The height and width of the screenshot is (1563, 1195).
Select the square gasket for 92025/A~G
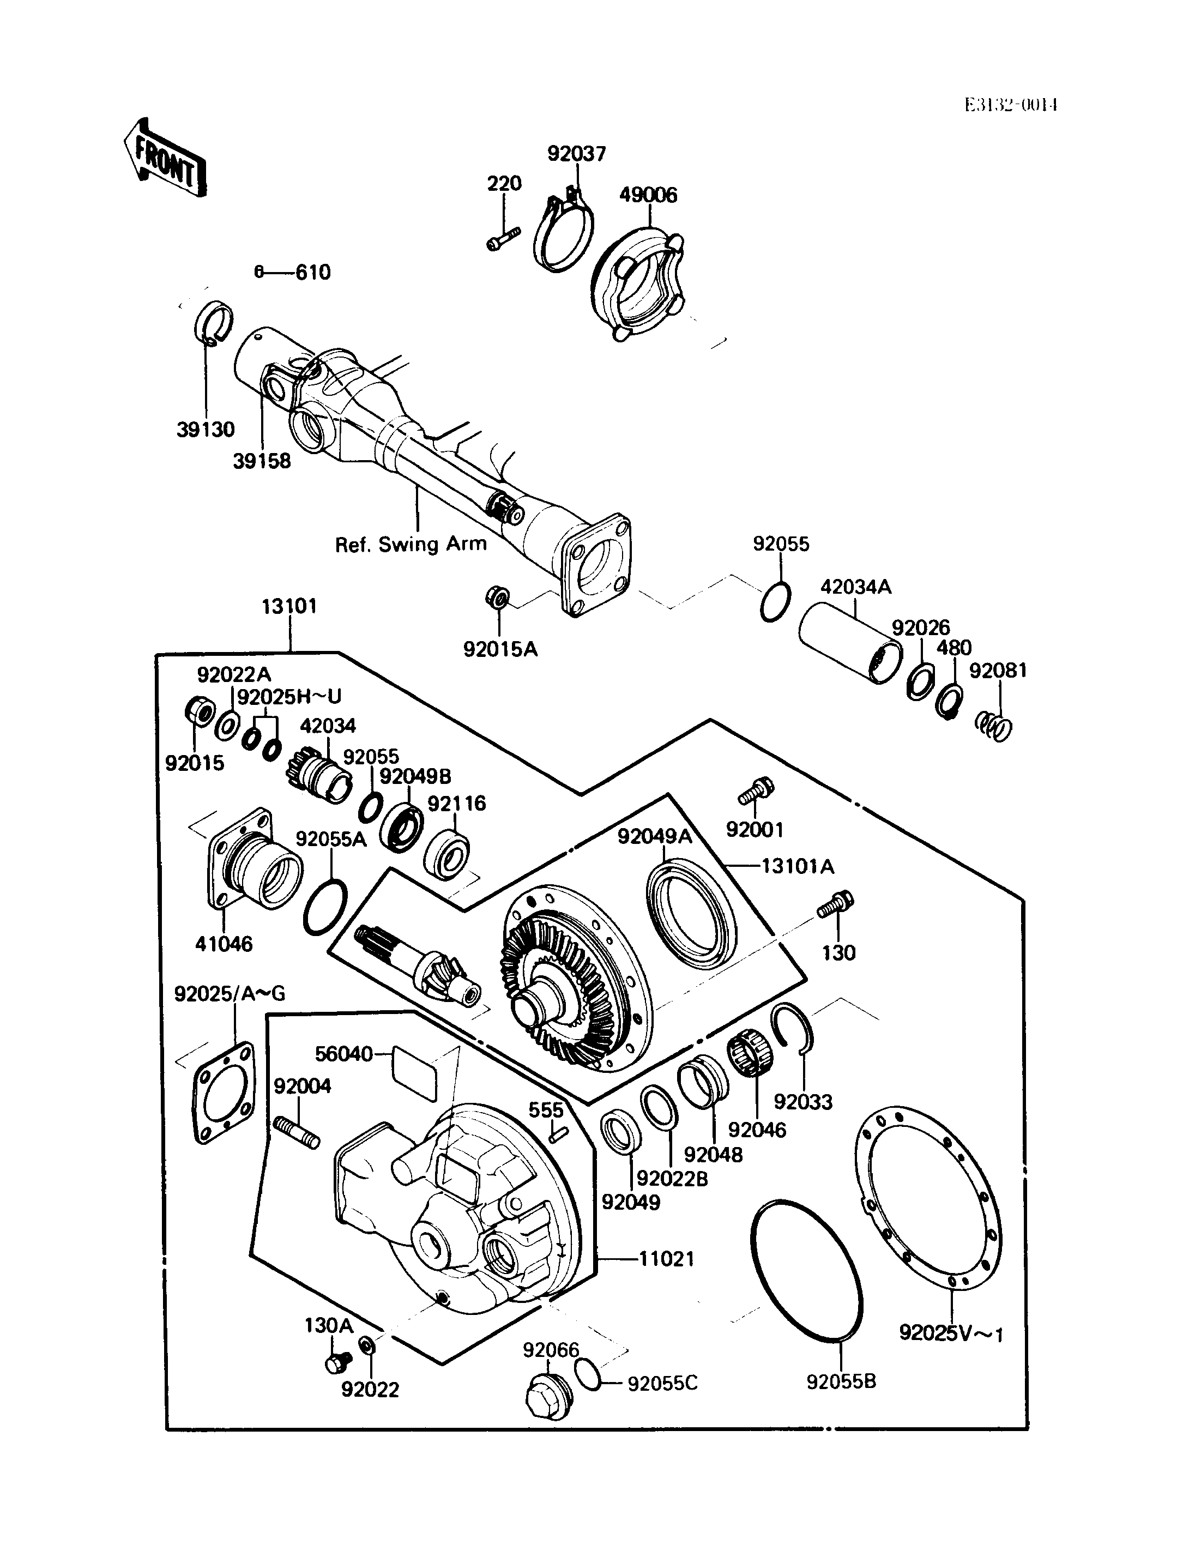click(224, 1093)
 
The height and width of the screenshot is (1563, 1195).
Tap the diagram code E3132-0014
click(1011, 105)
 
